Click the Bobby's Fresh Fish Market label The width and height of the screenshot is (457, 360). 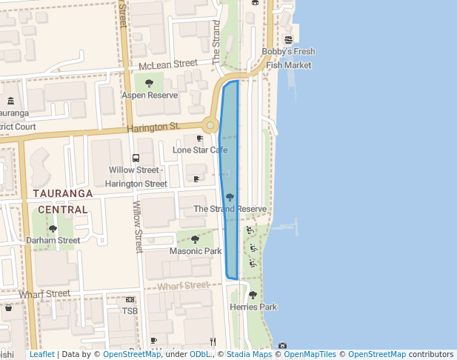tap(288, 58)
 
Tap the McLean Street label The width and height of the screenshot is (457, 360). tap(168, 66)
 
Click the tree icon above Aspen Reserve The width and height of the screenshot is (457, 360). tap(150, 83)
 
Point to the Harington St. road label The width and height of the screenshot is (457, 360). tap(153, 127)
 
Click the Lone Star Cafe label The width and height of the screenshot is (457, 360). tap(200, 150)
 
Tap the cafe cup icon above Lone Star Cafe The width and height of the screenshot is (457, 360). tap(199, 139)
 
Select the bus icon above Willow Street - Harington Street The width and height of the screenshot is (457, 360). tap(136, 158)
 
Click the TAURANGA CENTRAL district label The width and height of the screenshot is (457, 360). tap(63, 201)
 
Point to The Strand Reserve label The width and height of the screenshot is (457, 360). tap(230, 209)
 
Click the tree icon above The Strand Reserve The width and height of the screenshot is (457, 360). tap(230, 197)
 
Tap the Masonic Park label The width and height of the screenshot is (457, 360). tap(196, 251)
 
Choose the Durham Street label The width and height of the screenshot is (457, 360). tap(53, 240)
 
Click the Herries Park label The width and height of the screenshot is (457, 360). tap(253, 307)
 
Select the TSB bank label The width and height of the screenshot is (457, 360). tap(130, 310)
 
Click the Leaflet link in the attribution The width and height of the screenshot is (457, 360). tap(42, 354)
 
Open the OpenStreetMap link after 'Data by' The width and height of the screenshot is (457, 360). tap(132, 354)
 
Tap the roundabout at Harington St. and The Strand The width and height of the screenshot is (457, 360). tap(210, 126)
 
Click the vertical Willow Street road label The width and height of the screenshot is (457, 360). tap(138, 227)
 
